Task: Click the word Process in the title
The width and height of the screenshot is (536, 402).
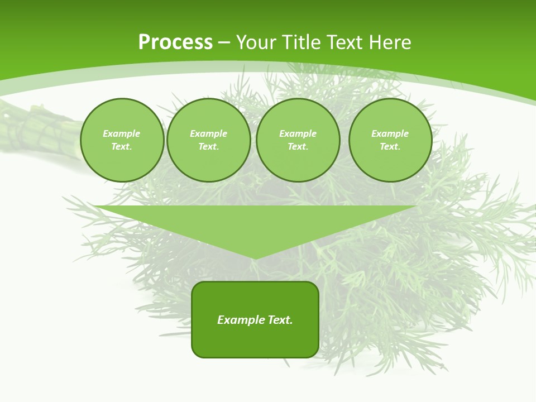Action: tap(175, 42)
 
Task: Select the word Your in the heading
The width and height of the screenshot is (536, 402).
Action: tap(256, 42)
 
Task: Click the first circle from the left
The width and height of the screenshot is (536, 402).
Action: tap(122, 140)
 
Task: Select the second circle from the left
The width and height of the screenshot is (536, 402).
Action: tap(209, 140)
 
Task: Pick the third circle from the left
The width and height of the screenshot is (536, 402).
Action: tap(298, 140)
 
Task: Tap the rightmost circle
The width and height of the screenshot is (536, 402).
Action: tap(390, 140)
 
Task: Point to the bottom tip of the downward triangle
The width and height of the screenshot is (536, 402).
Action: tap(255, 259)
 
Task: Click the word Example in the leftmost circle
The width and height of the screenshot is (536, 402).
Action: tap(122, 133)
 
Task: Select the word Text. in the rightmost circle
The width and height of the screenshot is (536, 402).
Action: tap(390, 147)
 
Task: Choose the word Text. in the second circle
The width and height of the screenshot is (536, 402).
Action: tap(209, 147)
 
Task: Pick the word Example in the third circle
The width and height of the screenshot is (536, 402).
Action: tap(298, 133)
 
